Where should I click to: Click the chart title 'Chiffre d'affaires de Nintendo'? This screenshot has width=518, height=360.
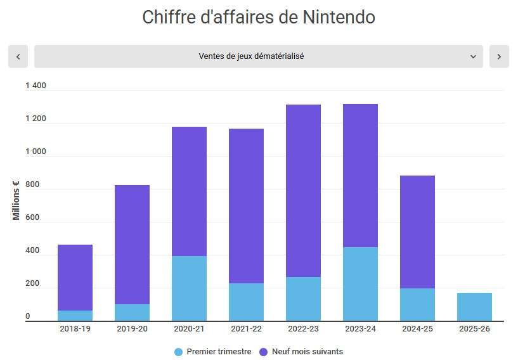click(x=259, y=17)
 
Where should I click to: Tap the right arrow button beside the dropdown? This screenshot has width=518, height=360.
click(x=499, y=56)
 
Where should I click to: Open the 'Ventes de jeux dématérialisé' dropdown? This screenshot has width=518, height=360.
click(x=258, y=56)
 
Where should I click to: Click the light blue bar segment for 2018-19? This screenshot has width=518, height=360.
click(x=75, y=316)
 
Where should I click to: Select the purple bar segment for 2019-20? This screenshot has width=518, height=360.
click(x=132, y=244)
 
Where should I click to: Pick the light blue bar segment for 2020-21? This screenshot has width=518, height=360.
click(x=189, y=288)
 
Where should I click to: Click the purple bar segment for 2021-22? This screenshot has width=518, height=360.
click(x=246, y=206)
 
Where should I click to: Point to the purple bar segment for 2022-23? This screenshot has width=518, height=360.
click(x=303, y=190)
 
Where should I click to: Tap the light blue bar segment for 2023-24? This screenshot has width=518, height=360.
click(x=360, y=284)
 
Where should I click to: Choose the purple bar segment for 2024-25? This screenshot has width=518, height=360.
click(x=417, y=231)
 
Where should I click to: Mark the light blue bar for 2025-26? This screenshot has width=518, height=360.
click(x=474, y=307)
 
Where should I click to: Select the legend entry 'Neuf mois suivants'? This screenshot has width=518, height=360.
click(x=301, y=352)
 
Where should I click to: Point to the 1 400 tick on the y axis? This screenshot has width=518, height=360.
click(x=36, y=86)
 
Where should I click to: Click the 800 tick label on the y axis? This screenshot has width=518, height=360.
click(x=32, y=184)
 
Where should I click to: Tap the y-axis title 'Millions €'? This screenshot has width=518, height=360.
click(x=16, y=201)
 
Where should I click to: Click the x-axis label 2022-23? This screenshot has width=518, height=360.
click(x=303, y=329)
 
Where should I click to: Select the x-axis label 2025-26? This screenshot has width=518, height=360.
click(x=474, y=329)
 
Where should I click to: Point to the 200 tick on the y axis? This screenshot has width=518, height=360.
click(x=32, y=283)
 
